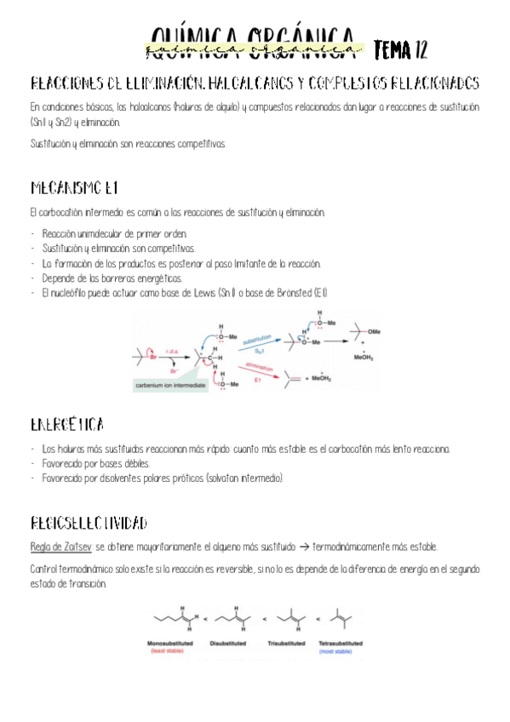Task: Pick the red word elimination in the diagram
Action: click(x=259, y=367)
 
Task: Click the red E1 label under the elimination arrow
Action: click(x=258, y=380)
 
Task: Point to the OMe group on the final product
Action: click(x=375, y=331)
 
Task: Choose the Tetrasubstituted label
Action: click(x=343, y=643)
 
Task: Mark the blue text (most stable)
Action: click(x=343, y=651)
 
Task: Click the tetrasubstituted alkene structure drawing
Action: click(x=343, y=620)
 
